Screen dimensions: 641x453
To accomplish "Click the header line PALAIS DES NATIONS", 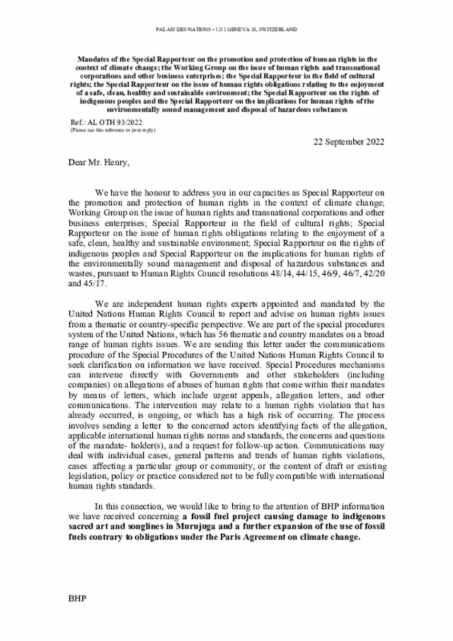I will click(226, 30).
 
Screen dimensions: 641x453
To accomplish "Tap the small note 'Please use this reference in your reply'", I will click(113, 130).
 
